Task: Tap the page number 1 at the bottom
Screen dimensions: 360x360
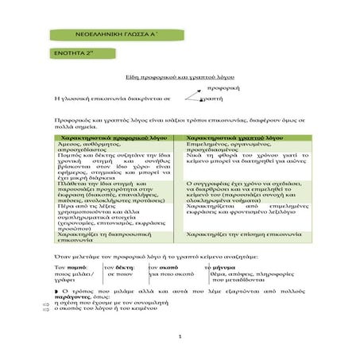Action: (180, 337)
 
